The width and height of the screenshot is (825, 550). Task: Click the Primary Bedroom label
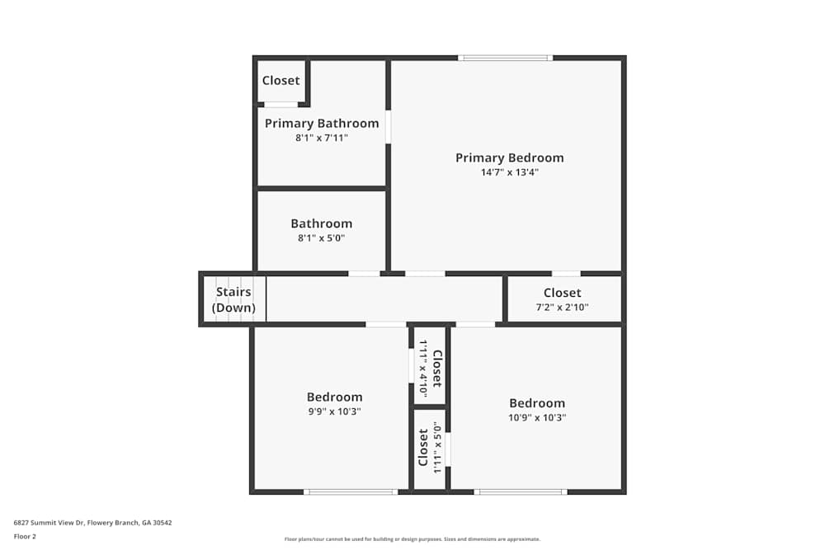(x=509, y=157)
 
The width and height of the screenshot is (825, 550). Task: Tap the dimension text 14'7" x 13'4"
(x=509, y=172)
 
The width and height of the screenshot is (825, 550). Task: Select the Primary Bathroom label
(x=322, y=123)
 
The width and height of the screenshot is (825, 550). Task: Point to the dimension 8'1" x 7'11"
(x=322, y=138)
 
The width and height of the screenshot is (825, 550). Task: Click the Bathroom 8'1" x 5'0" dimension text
(x=321, y=237)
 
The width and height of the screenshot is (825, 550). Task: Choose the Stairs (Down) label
(x=233, y=300)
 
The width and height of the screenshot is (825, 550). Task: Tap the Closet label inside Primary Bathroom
(x=281, y=80)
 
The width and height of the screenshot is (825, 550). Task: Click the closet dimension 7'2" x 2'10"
(x=562, y=307)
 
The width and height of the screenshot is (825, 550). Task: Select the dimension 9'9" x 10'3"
(x=334, y=411)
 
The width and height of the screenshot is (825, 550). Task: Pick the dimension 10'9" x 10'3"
(x=537, y=417)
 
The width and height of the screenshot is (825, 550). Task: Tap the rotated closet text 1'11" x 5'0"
(x=438, y=447)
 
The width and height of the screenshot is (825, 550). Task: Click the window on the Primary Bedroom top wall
(x=505, y=58)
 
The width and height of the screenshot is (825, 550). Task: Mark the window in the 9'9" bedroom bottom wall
(x=351, y=492)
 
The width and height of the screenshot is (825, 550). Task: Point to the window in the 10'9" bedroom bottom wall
(x=521, y=492)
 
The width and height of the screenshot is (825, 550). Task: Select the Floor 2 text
(x=25, y=536)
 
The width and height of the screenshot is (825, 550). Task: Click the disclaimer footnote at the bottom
(x=412, y=539)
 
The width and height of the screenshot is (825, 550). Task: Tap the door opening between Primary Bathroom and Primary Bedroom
(x=388, y=127)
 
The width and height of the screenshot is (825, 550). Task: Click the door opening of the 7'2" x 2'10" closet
(x=566, y=273)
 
